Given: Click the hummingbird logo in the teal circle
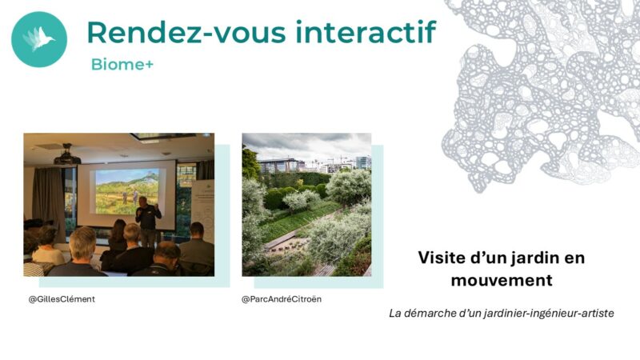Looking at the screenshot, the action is [x=39, y=38].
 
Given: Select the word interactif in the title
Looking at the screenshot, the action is [x=366, y=32].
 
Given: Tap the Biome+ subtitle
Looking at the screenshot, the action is [x=122, y=64].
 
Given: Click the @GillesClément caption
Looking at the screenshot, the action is [x=62, y=299].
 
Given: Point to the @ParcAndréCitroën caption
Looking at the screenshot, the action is [x=282, y=299].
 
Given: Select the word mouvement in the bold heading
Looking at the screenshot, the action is [x=502, y=281].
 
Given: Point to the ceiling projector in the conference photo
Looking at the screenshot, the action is [x=67, y=155].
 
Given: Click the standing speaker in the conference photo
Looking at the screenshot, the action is [x=147, y=221].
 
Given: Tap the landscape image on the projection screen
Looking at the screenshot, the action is [x=127, y=192].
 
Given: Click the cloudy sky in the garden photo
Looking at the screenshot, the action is [x=306, y=145].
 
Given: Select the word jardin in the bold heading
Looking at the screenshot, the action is [x=533, y=258].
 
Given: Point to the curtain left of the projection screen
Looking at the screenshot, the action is [x=48, y=200].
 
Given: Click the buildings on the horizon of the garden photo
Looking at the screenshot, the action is [x=314, y=164].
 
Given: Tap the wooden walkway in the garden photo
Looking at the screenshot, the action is [x=282, y=240].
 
